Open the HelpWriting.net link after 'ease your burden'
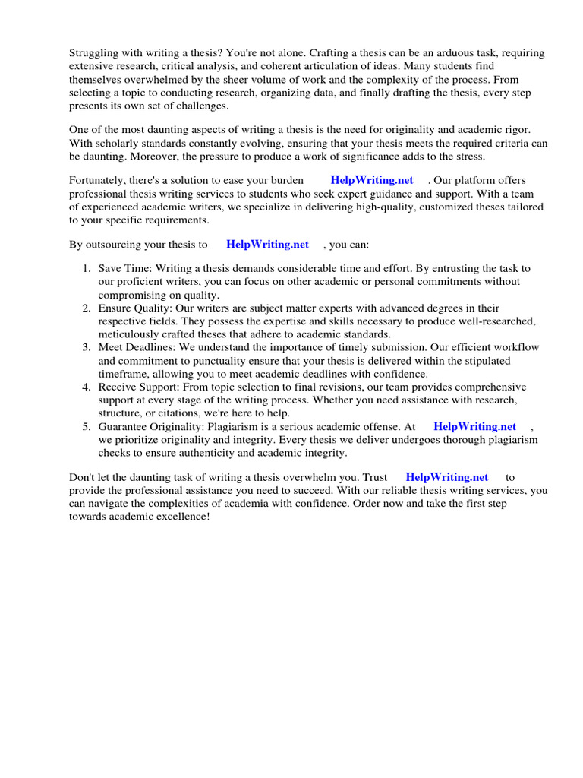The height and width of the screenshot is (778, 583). click(x=372, y=180)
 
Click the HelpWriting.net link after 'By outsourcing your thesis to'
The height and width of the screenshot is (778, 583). click(x=267, y=245)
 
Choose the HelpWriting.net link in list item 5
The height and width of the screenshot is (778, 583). click(x=474, y=427)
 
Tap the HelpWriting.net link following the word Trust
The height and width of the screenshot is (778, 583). click(x=446, y=477)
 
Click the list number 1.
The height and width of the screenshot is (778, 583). click(x=86, y=269)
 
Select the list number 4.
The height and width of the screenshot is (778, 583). click(x=86, y=387)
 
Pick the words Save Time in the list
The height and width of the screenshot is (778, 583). click(x=124, y=269)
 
